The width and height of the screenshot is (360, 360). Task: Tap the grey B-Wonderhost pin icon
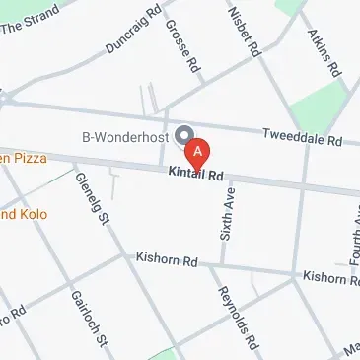[182, 136]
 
